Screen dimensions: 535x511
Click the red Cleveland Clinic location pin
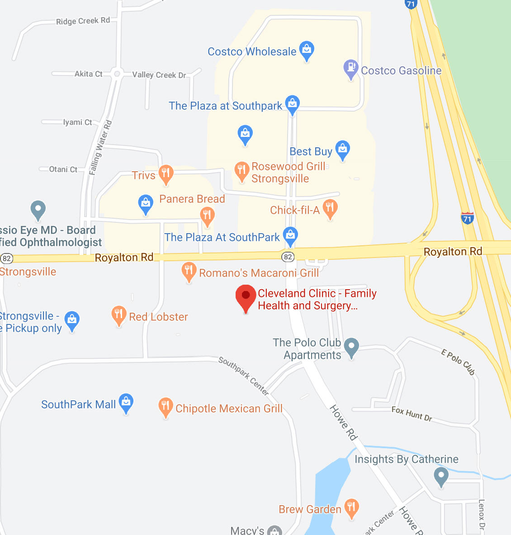(246, 296)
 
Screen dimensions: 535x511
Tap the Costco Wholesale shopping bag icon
(307, 50)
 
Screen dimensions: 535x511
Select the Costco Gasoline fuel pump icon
(350, 68)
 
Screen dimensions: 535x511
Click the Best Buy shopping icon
(343, 150)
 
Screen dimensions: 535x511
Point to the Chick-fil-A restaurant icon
(330, 208)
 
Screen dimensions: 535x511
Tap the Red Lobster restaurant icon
(118, 315)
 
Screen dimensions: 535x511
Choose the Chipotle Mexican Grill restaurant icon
(166, 407)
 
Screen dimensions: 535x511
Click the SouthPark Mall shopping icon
(126, 402)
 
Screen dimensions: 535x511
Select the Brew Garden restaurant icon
(351, 508)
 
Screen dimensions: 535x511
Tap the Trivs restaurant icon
(166, 174)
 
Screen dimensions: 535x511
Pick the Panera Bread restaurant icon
(207, 216)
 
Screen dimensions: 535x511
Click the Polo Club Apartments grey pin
(351, 347)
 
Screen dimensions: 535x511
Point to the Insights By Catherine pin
(441, 476)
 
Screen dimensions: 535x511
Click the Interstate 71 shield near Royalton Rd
(468, 218)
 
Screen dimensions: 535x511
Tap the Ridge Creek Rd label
(83, 21)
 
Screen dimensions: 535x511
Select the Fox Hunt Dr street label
(412, 413)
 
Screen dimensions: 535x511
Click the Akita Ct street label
(89, 74)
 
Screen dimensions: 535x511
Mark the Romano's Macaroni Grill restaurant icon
(189, 271)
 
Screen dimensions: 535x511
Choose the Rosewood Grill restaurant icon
(241, 171)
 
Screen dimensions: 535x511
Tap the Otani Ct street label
(63, 169)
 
